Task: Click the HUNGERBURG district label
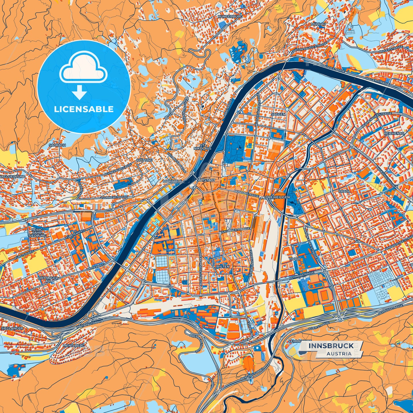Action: tap(230, 17)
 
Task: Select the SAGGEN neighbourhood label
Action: tap(278, 114)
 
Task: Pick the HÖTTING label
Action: tap(145, 160)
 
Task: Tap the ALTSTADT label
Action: tap(206, 180)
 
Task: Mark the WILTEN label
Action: tap(223, 266)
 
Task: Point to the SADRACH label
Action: tap(57, 145)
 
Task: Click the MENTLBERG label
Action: tap(73, 346)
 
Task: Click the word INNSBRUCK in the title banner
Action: tap(331, 346)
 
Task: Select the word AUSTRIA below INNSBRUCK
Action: tap(339, 354)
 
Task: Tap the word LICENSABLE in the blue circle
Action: tap(84, 109)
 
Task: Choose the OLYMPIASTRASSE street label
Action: tap(302, 275)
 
